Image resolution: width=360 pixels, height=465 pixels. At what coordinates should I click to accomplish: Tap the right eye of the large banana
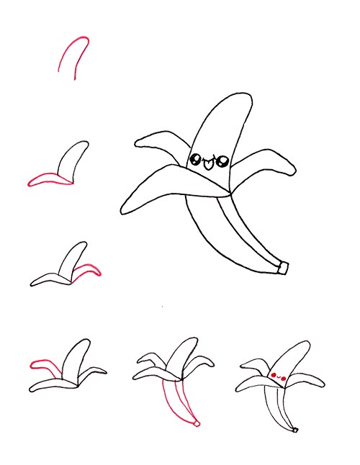221,160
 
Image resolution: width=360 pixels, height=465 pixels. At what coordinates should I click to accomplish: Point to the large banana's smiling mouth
208,163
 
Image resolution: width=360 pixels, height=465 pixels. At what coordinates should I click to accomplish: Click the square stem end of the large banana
284,268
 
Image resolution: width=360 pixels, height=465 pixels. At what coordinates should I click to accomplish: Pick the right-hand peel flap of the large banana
270,163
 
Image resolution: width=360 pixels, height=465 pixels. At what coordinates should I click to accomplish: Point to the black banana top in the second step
75,158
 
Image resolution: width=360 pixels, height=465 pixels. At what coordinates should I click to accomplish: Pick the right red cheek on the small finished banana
285,376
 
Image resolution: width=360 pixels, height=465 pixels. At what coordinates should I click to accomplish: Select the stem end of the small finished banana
294,430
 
